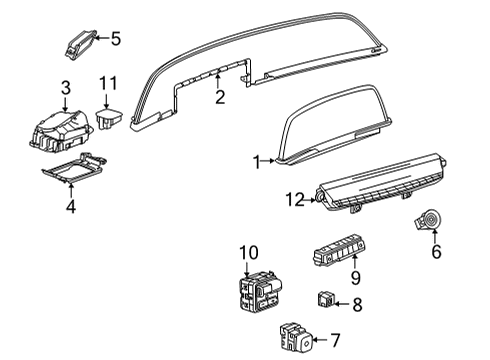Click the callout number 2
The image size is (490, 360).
pos(219,97)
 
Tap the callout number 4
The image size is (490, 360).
pos(70,207)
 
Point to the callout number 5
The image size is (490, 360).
pos(115,39)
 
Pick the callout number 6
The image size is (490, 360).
pos(436,254)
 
